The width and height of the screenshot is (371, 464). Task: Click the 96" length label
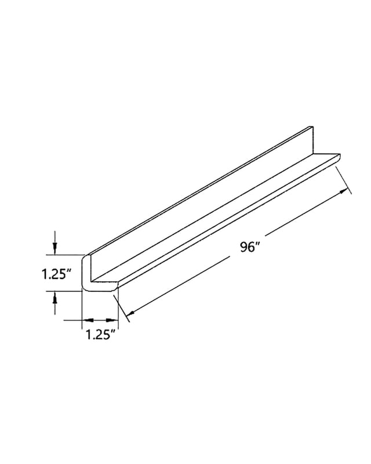[250, 247]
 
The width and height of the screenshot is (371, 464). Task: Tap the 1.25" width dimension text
[100, 335]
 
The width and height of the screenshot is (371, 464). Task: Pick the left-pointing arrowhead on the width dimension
[88, 320]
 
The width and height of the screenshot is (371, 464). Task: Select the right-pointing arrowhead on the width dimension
[112, 320]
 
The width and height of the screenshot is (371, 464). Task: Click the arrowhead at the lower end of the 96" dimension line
[131, 313]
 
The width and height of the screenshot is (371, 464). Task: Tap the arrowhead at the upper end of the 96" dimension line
[344, 191]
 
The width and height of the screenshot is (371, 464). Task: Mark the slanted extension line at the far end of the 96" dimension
[344, 180]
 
